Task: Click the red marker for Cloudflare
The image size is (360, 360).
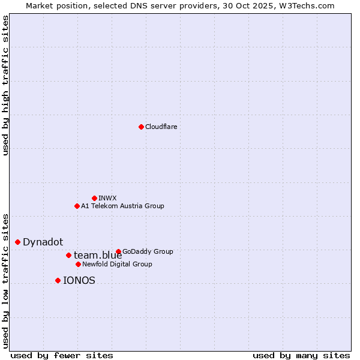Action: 141,127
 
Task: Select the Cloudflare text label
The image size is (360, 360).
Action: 161,127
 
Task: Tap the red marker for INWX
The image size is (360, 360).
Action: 94,198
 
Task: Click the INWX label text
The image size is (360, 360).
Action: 107,198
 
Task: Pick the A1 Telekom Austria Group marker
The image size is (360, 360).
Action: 77,206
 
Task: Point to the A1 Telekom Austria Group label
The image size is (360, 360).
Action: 122,206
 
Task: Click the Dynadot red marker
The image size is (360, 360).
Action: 18,242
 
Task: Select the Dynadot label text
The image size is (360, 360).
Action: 43,242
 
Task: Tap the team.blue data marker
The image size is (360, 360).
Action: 68,255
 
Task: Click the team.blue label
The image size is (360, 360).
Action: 98,256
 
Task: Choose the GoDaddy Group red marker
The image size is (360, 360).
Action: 118,251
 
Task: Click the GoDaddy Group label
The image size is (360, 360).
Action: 148,252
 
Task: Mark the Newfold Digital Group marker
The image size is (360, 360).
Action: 78,264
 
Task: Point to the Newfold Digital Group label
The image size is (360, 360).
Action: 117,265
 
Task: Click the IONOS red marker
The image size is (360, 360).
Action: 58,280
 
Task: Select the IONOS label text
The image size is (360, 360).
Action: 79,281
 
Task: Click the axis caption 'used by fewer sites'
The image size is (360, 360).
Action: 62,355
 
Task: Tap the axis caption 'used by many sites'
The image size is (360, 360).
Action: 301,355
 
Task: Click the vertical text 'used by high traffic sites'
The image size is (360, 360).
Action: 6,85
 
